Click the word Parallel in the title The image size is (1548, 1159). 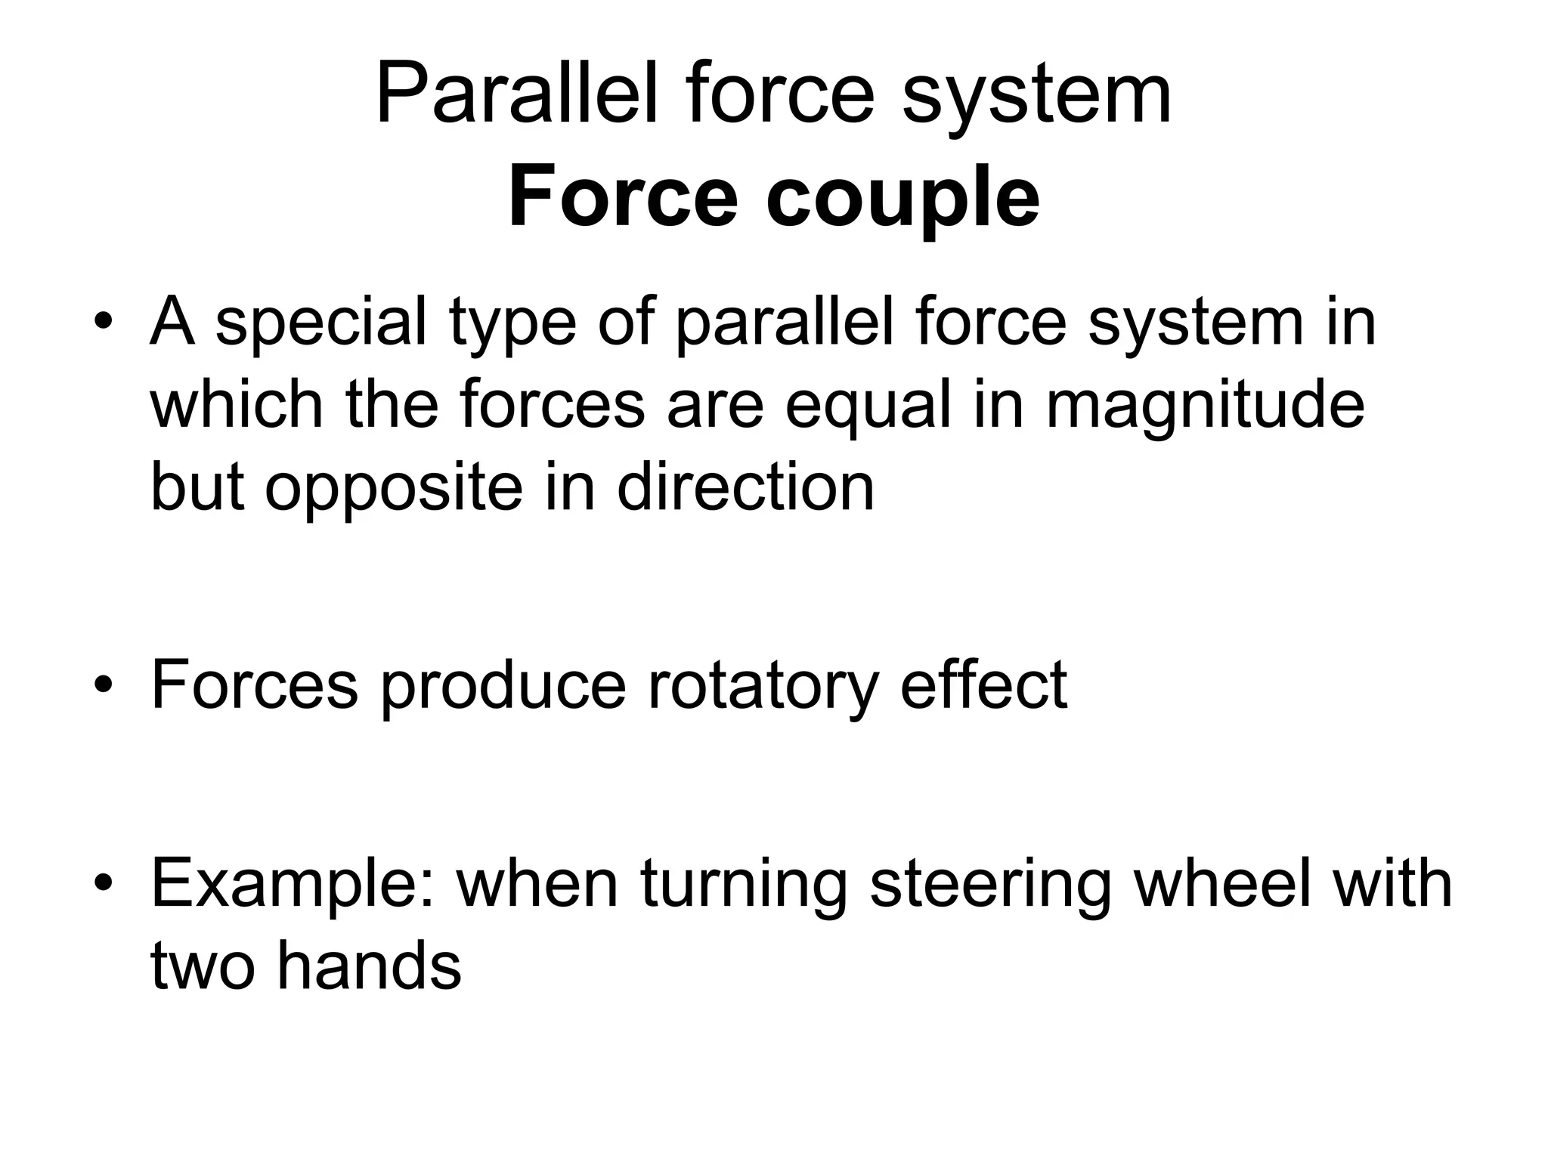(x=516, y=97)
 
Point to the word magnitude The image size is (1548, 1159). (x=1205, y=406)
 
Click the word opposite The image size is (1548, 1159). (x=393, y=489)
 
